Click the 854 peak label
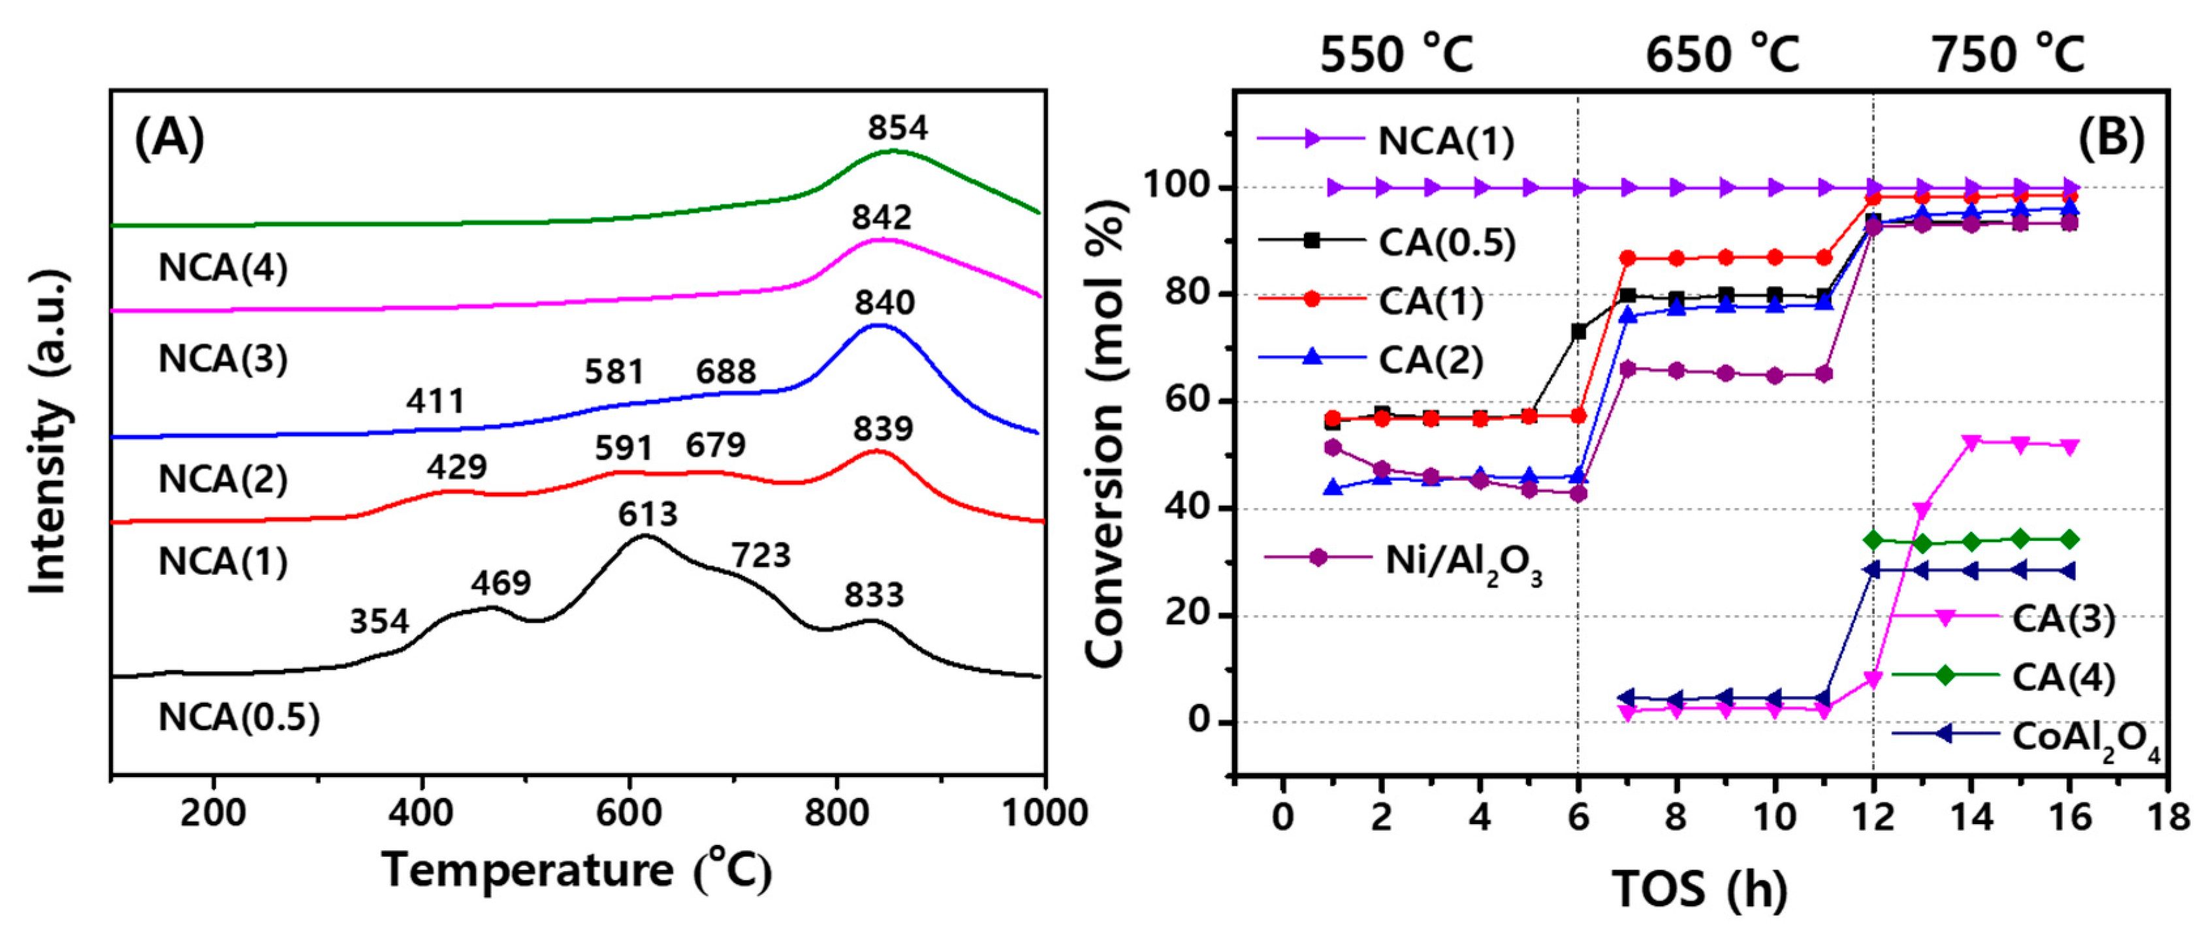(897, 128)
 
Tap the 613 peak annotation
(648, 514)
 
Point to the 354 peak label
(378, 621)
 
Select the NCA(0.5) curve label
(238, 716)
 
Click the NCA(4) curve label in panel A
(222, 268)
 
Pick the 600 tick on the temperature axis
(629, 812)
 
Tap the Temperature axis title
(577, 870)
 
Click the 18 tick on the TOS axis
(2168, 816)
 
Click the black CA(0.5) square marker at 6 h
(1578, 331)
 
